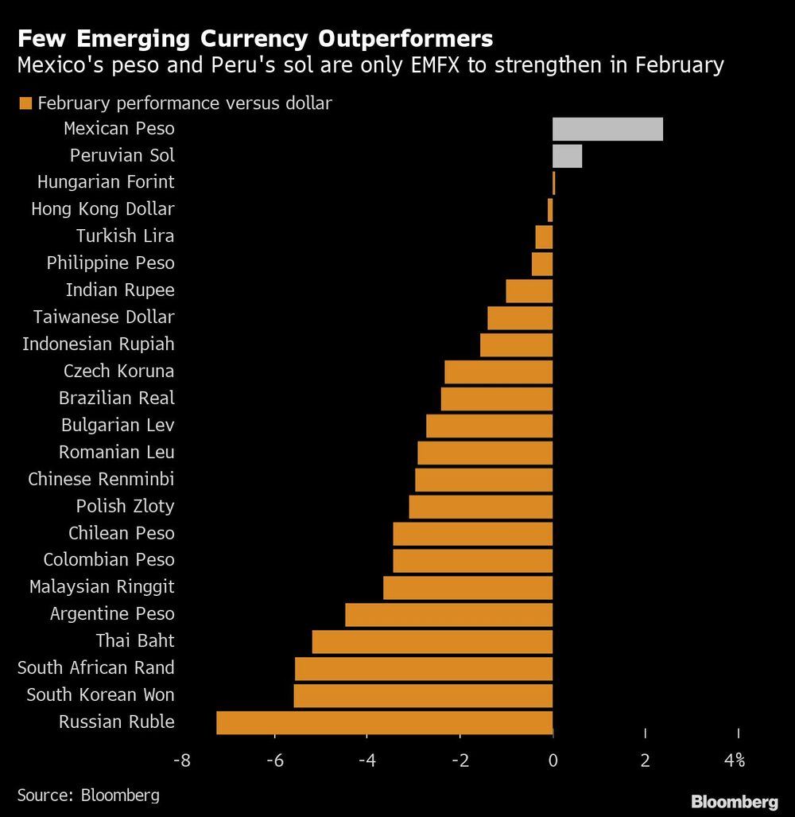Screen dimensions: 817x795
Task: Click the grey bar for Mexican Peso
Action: point(607,129)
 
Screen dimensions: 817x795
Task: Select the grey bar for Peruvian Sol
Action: point(567,156)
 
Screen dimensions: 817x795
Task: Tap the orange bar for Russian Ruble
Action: point(384,722)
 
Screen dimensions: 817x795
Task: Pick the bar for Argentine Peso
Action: point(448,614)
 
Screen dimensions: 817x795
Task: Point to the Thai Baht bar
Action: point(432,641)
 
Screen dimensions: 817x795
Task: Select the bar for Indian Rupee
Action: point(529,291)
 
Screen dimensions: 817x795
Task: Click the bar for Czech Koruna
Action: point(498,372)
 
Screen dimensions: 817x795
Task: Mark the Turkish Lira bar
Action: point(544,237)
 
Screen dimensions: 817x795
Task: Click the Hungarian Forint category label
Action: point(106,182)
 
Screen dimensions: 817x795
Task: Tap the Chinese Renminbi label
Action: point(101,479)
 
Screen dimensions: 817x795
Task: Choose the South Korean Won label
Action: point(100,694)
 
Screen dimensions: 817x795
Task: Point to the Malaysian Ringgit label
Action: point(102,587)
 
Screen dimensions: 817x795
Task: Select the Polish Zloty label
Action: point(125,506)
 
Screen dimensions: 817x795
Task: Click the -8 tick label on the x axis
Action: point(182,761)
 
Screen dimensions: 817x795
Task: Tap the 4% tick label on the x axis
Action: point(735,761)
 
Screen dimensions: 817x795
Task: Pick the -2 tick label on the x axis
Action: point(460,761)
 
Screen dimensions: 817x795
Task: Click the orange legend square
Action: point(26,103)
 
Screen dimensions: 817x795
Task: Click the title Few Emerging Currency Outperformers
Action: point(255,38)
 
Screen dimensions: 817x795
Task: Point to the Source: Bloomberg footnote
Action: point(88,795)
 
